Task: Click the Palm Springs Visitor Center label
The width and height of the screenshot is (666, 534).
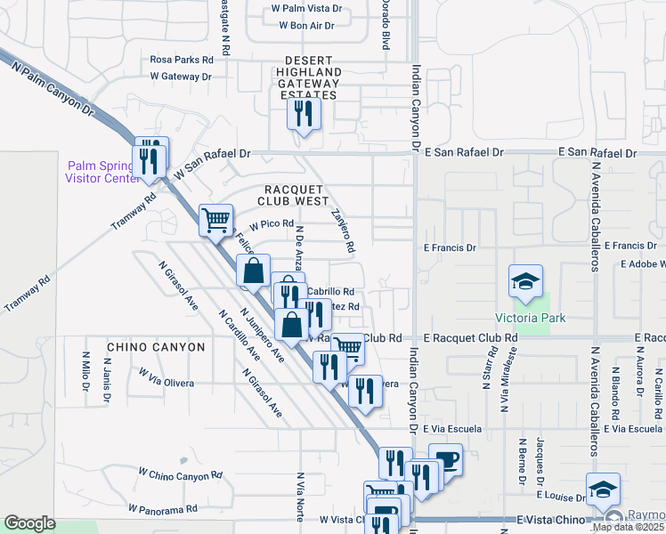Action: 100,171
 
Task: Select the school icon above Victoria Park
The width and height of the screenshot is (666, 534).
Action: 525,281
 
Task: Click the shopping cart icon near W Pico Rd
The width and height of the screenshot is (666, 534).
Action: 215,219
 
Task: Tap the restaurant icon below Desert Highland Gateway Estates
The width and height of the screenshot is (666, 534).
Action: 303,113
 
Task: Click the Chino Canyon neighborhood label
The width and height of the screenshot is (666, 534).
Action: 156,346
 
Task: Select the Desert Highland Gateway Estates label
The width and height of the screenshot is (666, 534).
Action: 309,83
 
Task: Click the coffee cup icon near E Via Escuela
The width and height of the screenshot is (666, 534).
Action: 445,460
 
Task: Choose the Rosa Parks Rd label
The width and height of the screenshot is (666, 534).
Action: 182,60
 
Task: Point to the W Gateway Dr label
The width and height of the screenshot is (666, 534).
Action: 181,77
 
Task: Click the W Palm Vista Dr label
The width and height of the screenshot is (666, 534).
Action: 306,8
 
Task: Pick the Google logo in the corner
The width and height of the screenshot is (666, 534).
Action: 29,523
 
